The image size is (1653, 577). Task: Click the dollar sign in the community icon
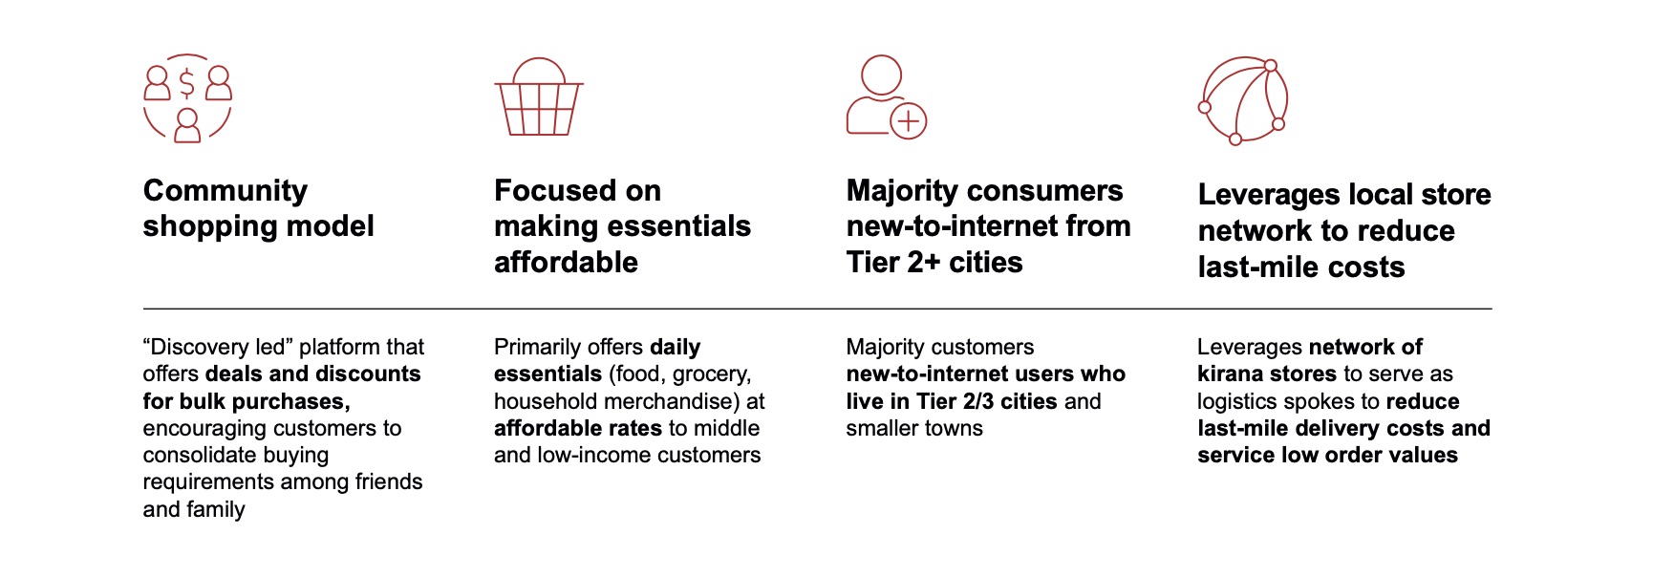(187, 83)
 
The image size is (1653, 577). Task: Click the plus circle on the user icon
(908, 121)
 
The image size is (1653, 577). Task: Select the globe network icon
(1243, 100)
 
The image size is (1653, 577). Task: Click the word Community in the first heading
(225, 190)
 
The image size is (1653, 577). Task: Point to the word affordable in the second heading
(566, 262)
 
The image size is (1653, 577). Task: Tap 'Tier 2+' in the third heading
(894, 262)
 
